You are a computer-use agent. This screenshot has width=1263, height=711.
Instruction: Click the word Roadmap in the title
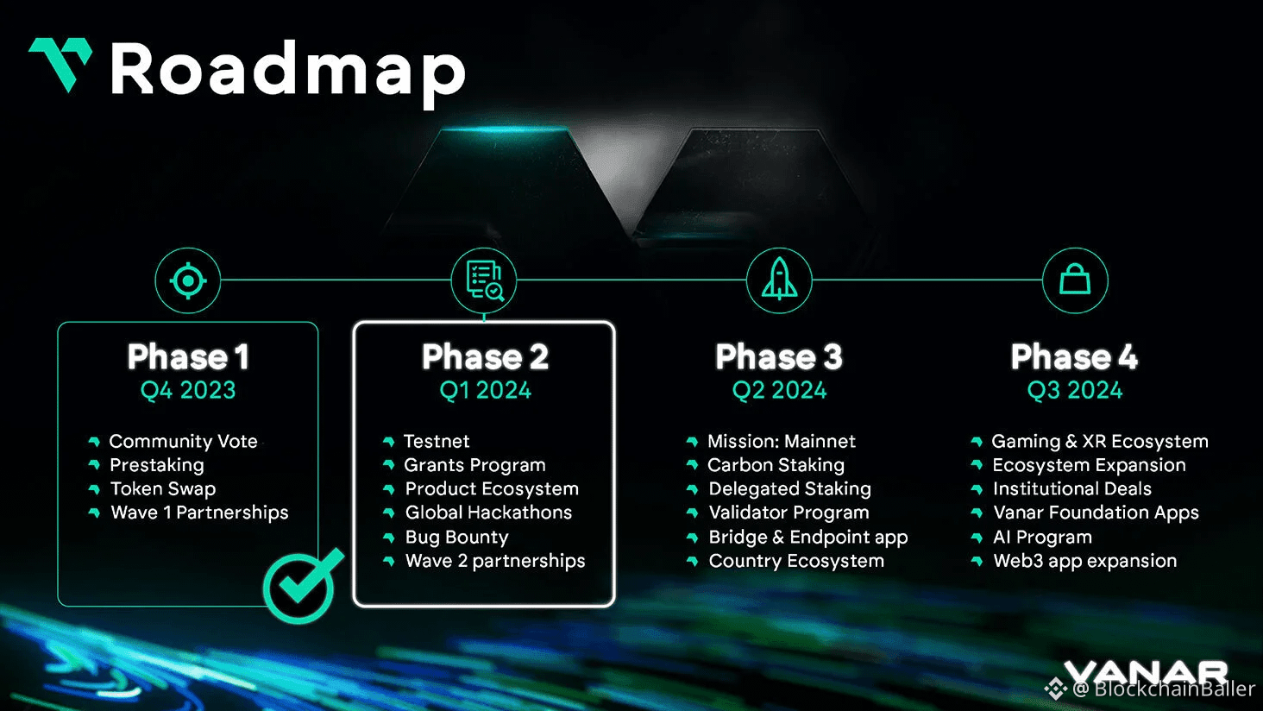[287, 71]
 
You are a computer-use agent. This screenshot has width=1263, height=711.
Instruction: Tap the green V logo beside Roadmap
[60, 64]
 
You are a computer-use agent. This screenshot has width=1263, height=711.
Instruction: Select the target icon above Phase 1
[188, 281]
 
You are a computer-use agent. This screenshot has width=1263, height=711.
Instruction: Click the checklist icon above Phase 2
[484, 281]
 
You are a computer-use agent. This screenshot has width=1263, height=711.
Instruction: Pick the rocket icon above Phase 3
[779, 281]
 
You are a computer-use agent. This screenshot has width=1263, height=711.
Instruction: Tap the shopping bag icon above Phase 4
[1075, 281]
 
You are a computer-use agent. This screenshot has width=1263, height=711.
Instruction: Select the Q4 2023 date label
[188, 391]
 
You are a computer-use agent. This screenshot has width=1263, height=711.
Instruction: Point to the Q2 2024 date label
[779, 391]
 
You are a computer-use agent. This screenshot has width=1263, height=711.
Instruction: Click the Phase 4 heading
[1074, 357]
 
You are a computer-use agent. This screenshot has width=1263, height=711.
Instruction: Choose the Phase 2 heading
[485, 357]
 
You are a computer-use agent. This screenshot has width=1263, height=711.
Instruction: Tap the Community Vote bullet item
[183, 442]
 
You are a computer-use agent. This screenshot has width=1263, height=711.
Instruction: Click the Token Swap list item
[163, 489]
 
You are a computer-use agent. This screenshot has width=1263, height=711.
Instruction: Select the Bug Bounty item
[456, 538]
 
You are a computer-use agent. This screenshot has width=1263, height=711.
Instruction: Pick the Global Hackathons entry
[488, 513]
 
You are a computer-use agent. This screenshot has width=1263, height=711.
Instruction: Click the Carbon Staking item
[776, 465]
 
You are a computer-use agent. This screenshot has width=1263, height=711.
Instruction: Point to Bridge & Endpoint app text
[807, 538]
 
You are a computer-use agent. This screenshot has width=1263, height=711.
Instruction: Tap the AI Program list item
[1042, 538]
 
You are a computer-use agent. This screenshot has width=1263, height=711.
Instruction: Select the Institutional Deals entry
[1071, 489]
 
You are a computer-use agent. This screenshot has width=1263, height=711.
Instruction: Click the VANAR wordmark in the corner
[1146, 672]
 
